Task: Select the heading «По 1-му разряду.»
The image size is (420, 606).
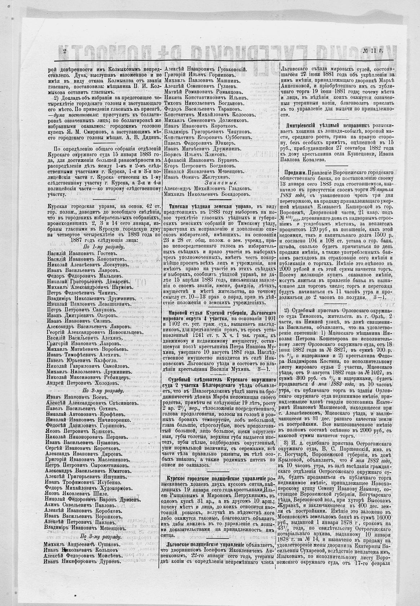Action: pyautogui.click(x=104, y=247)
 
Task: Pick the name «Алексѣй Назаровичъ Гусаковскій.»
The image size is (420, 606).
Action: pyautogui.click(x=205, y=69)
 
